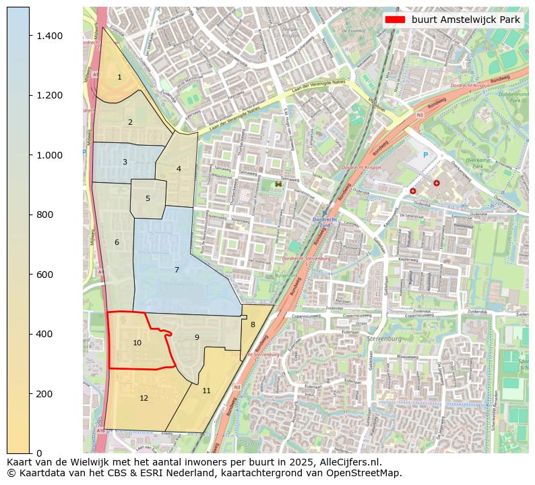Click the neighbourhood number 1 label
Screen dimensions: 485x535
(x=119, y=78)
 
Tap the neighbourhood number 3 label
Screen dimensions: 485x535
(x=125, y=163)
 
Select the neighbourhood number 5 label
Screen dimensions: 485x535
(x=148, y=199)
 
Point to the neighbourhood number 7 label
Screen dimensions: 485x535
(x=177, y=270)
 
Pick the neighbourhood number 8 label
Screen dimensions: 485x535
(x=253, y=325)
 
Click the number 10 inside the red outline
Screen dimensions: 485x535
(x=137, y=343)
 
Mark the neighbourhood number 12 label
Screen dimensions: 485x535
(x=144, y=399)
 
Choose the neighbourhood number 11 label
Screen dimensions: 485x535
(x=206, y=391)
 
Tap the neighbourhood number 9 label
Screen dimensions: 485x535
(x=197, y=338)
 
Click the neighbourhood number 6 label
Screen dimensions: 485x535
(x=117, y=243)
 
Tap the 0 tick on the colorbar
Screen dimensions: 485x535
(x=38, y=453)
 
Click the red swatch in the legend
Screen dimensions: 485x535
(x=395, y=20)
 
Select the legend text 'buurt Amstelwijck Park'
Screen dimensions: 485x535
(x=466, y=20)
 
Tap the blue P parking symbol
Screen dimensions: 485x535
(x=425, y=155)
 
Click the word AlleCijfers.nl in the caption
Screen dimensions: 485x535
(x=344, y=463)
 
